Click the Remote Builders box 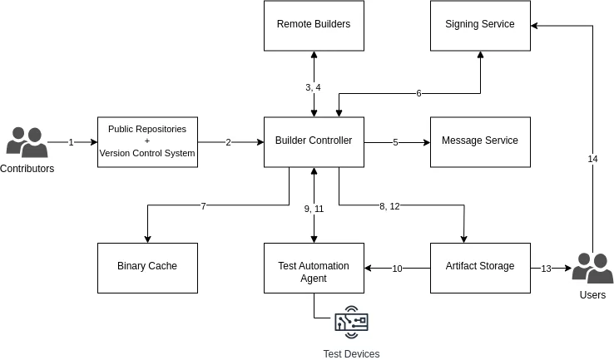(314, 25)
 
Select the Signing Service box (480, 25)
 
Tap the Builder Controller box (314, 141)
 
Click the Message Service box (480, 141)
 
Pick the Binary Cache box (147, 267)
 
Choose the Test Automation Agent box (314, 267)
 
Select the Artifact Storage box (480, 267)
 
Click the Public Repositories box (147, 141)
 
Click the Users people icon (592, 269)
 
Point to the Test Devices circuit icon (351, 324)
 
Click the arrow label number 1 (71, 142)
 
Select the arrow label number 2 (228, 142)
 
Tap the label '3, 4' (313, 87)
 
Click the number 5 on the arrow (395, 142)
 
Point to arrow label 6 (418, 93)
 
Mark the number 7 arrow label (203, 206)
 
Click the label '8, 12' (389, 206)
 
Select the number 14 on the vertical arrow (592, 159)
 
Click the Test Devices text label (351, 354)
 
